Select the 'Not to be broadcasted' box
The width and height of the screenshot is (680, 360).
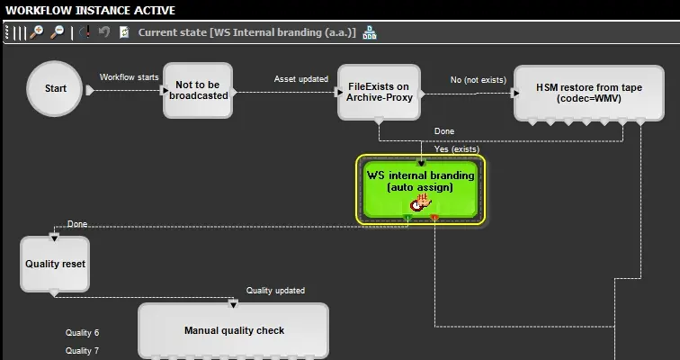[198, 90]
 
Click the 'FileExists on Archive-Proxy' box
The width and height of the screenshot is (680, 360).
[379, 92]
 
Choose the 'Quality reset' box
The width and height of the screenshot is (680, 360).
[55, 264]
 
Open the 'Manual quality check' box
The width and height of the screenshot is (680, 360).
[234, 330]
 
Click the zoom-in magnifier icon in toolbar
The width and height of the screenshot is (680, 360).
[37, 32]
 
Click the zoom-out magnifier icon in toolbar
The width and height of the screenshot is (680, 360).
[58, 32]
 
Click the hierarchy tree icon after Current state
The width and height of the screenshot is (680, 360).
[369, 32]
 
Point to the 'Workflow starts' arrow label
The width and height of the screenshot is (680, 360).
[129, 77]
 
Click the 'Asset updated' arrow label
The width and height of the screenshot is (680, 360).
[300, 79]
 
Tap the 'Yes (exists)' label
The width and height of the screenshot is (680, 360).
[457, 149]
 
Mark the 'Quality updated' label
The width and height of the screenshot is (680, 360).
[275, 291]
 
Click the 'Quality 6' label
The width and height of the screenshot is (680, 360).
[82, 333]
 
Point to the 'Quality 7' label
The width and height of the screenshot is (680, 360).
[82, 351]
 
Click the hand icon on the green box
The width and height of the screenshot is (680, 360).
[421, 204]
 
